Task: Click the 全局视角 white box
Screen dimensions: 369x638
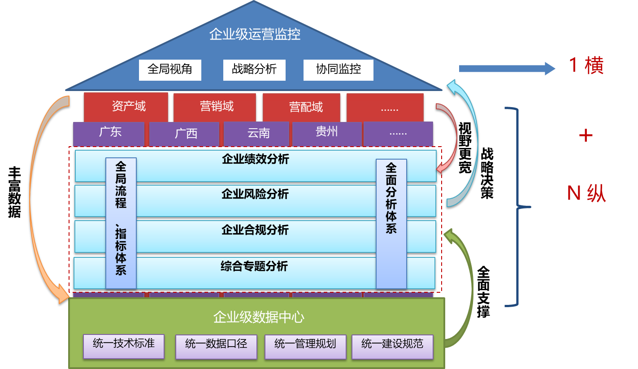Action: pyautogui.click(x=170, y=69)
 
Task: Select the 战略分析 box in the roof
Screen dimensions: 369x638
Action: pyautogui.click(x=254, y=69)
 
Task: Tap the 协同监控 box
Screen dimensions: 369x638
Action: pyautogui.click(x=339, y=69)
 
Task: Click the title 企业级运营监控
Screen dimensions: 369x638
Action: pyautogui.click(x=255, y=35)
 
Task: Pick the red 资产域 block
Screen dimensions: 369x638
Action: pyautogui.click(x=126, y=107)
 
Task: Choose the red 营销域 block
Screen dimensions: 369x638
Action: pyautogui.click(x=215, y=107)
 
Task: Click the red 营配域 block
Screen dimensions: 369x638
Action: pyautogui.click(x=302, y=107)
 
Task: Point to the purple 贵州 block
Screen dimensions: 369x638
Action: pyautogui.click(x=327, y=132)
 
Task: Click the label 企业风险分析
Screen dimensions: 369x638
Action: pyautogui.click(x=255, y=195)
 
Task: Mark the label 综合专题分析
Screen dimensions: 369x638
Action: pyautogui.click(x=254, y=266)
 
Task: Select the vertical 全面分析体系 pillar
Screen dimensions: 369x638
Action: pyautogui.click(x=391, y=223)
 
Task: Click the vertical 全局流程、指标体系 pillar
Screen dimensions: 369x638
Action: pyautogui.click(x=121, y=223)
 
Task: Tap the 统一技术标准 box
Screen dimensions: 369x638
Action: pyautogui.click(x=124, y=346)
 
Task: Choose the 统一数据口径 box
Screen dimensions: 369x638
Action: pyautogui.click(x=216, y=346)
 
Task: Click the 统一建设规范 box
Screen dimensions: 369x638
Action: pyautogui.click(x=392, y=346)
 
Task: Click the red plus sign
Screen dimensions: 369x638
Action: pyautogui.click(x=586, y=135)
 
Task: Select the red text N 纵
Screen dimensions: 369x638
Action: pyautogui.click(x=586, y=193)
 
